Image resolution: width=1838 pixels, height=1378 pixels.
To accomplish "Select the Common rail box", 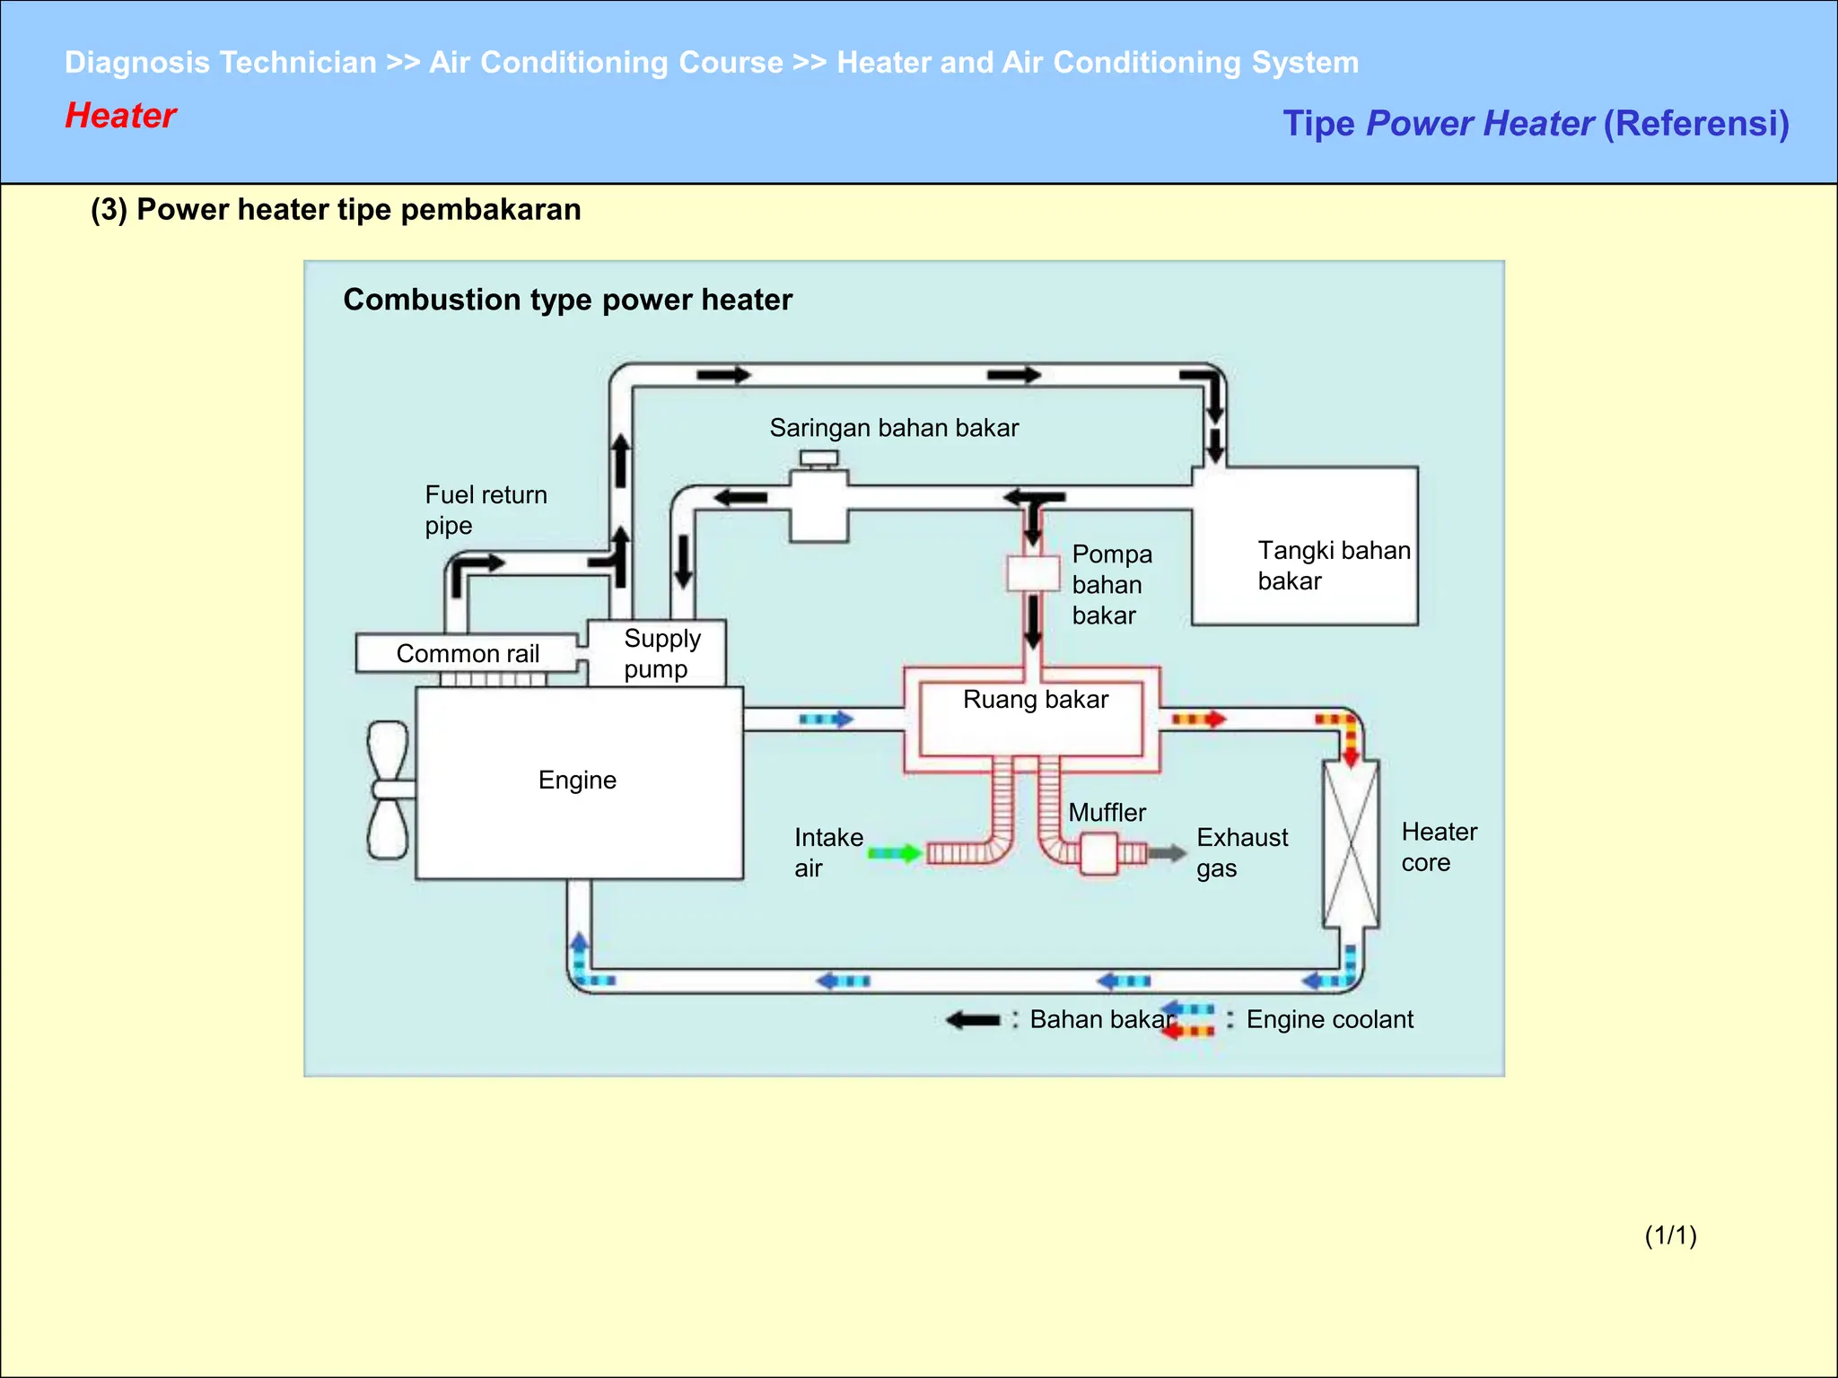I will pos(467,653).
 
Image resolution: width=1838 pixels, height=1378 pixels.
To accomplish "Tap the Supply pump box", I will pos(658,654).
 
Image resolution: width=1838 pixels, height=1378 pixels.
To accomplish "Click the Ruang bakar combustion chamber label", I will pos(1035,700).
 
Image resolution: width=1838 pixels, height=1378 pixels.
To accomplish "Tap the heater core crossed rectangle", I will pos(1351,843).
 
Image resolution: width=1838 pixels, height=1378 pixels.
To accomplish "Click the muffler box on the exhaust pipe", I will pos(1098,853).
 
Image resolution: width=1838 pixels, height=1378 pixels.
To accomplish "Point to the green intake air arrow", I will pos(895,853).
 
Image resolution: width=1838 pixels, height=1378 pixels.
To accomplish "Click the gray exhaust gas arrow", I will pos(1168,853).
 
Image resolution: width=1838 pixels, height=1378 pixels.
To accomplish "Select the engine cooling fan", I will pos(389,789).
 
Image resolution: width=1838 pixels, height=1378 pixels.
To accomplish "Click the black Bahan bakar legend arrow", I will pos(973,1020).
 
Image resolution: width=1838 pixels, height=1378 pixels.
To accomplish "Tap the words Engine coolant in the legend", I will pos(1329,1020).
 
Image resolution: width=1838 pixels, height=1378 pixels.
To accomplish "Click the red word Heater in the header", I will pos(120,116).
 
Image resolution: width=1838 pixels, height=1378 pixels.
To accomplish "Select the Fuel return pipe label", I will pos(485,510).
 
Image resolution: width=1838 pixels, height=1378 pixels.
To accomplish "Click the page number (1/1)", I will pos(1670,1235).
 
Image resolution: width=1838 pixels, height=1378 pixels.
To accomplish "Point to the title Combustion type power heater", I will pos(567,300).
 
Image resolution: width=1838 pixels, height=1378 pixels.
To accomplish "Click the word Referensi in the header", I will pos(1696,124).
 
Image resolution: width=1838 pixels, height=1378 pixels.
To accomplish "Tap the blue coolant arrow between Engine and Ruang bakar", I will pos(826,720).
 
